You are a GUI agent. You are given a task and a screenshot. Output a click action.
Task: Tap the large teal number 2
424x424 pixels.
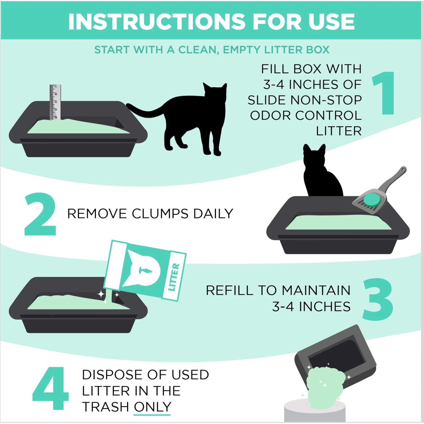(40, 214)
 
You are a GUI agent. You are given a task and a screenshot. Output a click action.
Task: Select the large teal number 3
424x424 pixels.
(378, 300)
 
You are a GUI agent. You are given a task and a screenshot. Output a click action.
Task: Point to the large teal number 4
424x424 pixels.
(51, 389)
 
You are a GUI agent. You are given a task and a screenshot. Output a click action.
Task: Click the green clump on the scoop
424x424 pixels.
(372, 199)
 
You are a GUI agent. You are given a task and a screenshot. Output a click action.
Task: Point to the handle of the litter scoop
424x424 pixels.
(394, 178)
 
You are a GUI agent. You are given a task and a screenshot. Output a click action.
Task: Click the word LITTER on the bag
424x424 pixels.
(174, 277)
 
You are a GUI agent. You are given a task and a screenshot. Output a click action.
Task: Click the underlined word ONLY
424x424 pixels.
(152, 407)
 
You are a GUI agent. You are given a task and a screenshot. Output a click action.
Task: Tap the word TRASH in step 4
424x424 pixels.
(105, 407)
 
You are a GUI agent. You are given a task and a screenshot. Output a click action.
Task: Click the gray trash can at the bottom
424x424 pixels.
(314, 413)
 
